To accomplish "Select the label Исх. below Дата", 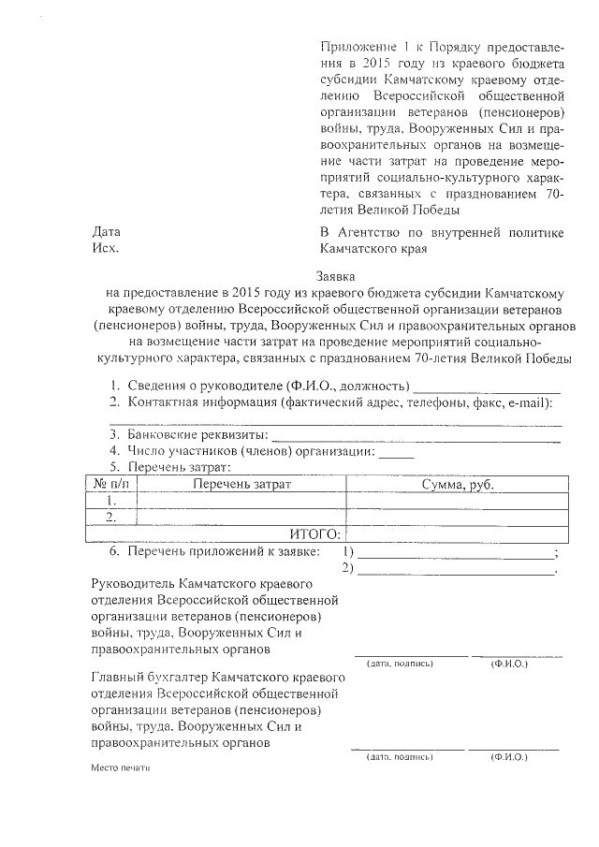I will click(x=105, y=249).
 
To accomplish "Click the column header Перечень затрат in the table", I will click(x=242, y=484).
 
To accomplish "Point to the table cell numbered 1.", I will click(x=111, y=501).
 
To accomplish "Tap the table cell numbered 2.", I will click(x=111, y=517).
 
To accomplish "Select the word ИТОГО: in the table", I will click(x=313, y=533).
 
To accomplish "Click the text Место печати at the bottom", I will click(x=120, y=767).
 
